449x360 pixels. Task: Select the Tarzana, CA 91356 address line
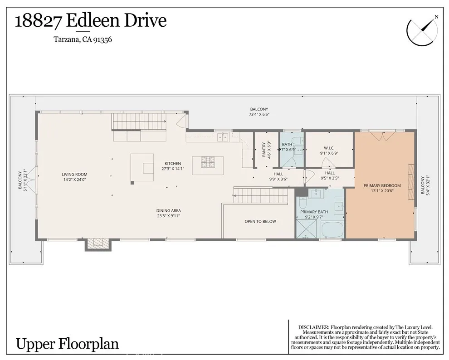click(83, 39)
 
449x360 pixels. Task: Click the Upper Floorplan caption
click(67, 343)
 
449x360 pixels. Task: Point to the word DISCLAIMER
click(314, 327)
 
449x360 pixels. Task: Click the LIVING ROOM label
click(75, 174)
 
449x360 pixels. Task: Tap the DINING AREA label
click(169, 210)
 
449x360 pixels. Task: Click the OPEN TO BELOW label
click(260, 221)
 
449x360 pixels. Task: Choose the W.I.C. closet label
click(329, 148)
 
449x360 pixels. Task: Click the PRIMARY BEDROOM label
click(382, 185)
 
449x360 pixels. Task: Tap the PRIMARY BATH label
click(314, 212)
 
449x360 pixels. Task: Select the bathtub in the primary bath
click(332, 230)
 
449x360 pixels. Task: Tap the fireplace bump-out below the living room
click(98, 244)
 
